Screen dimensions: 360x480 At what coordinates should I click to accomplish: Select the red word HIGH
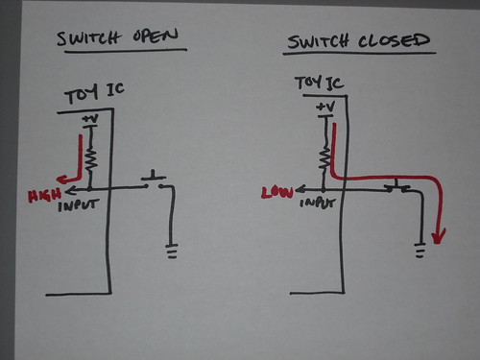[x=43, y=196]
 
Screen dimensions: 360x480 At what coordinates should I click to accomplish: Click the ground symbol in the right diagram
[x=420, y=252]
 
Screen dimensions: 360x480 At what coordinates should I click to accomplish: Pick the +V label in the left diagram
[x=90, y=120]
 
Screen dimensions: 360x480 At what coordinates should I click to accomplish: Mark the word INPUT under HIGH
[x=79, y=204]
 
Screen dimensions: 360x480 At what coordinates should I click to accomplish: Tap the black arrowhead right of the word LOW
[x=297, y=190]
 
